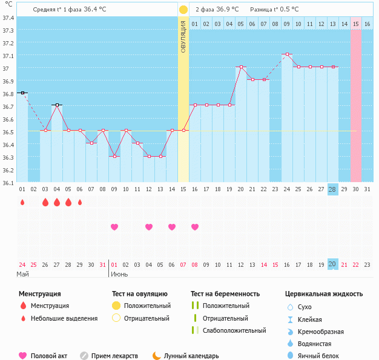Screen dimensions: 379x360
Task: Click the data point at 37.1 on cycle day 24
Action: tap(287, 54)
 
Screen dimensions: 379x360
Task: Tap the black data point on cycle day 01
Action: tap(22, 93)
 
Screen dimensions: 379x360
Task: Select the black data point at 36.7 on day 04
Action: tap(57, 105)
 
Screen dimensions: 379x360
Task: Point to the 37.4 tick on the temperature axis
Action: tap(8, 18)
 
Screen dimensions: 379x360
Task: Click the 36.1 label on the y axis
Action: tap(8, 183)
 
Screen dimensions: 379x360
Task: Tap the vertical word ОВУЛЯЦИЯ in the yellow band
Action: tap(183, 36)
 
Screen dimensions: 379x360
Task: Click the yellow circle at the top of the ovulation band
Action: tap(183, 10)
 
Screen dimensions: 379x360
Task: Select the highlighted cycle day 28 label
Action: tap(332, 189)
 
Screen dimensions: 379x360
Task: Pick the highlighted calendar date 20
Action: tap(332, 264)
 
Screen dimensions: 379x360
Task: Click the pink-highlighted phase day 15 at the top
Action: tap(356, 24)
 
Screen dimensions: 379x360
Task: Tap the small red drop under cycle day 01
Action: tap(22, 202)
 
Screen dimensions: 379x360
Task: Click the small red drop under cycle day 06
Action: tap(80, 202)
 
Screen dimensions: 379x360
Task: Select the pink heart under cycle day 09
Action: tap(114, 227)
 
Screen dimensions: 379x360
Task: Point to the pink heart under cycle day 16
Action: tap(195, 227)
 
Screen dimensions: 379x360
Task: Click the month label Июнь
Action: tap(119, 275)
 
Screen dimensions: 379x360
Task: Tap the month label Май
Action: tap(23, 275)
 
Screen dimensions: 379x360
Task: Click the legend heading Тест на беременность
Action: tap(225, 294)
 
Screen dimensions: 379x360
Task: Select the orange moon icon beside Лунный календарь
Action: tap(157, 356)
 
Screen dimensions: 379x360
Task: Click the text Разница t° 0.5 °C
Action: tap(274, 10)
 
